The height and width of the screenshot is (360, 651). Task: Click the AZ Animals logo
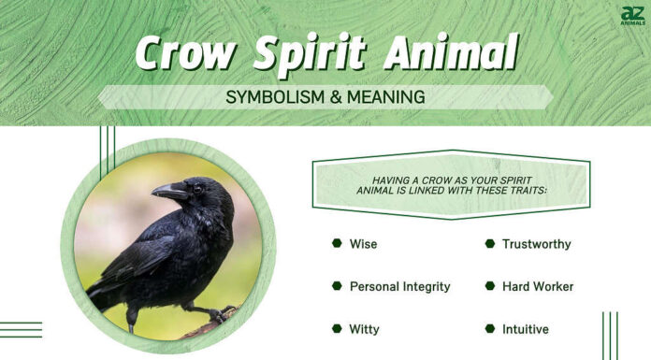point(632,16)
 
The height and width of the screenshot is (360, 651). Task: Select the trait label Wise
point(363,244)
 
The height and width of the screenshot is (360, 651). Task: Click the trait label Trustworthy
point(536,244)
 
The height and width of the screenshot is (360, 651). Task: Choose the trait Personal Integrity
point(399,286)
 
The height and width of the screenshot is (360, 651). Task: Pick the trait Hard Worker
point(537,286)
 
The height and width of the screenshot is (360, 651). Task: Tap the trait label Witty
point(364,329)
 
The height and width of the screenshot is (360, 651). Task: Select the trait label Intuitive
point(525,329)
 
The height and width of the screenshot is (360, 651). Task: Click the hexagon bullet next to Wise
point(337,243)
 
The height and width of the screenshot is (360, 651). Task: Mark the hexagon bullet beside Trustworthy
point(489,243)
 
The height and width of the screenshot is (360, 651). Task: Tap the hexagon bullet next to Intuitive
point(489,328)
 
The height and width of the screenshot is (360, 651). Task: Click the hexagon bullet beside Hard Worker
point(489,285)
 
